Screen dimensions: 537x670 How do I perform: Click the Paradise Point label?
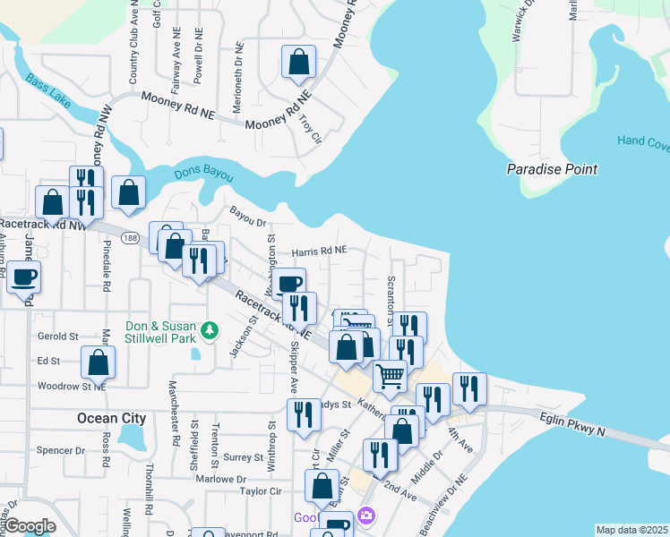[x=551, y=169]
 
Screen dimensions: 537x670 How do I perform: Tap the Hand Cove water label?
[x=642, y=141]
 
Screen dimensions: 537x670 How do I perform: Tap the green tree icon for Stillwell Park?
[x=210, y=331]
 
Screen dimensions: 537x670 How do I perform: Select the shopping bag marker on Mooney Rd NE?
[x=299, y=63]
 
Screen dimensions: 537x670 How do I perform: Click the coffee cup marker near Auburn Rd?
[x=24, y=277]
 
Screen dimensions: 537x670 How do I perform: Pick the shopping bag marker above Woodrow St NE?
[x=99, y=362]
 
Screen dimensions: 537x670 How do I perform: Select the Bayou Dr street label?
[x=248, y=217]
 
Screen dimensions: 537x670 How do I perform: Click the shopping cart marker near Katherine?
[x=390, y=377]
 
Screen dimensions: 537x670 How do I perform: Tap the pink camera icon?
[x=365, y=516]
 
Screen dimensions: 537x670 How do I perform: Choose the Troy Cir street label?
[x=310, y=128]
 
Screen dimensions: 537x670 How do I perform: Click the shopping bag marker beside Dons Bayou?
[x=130, y=193]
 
